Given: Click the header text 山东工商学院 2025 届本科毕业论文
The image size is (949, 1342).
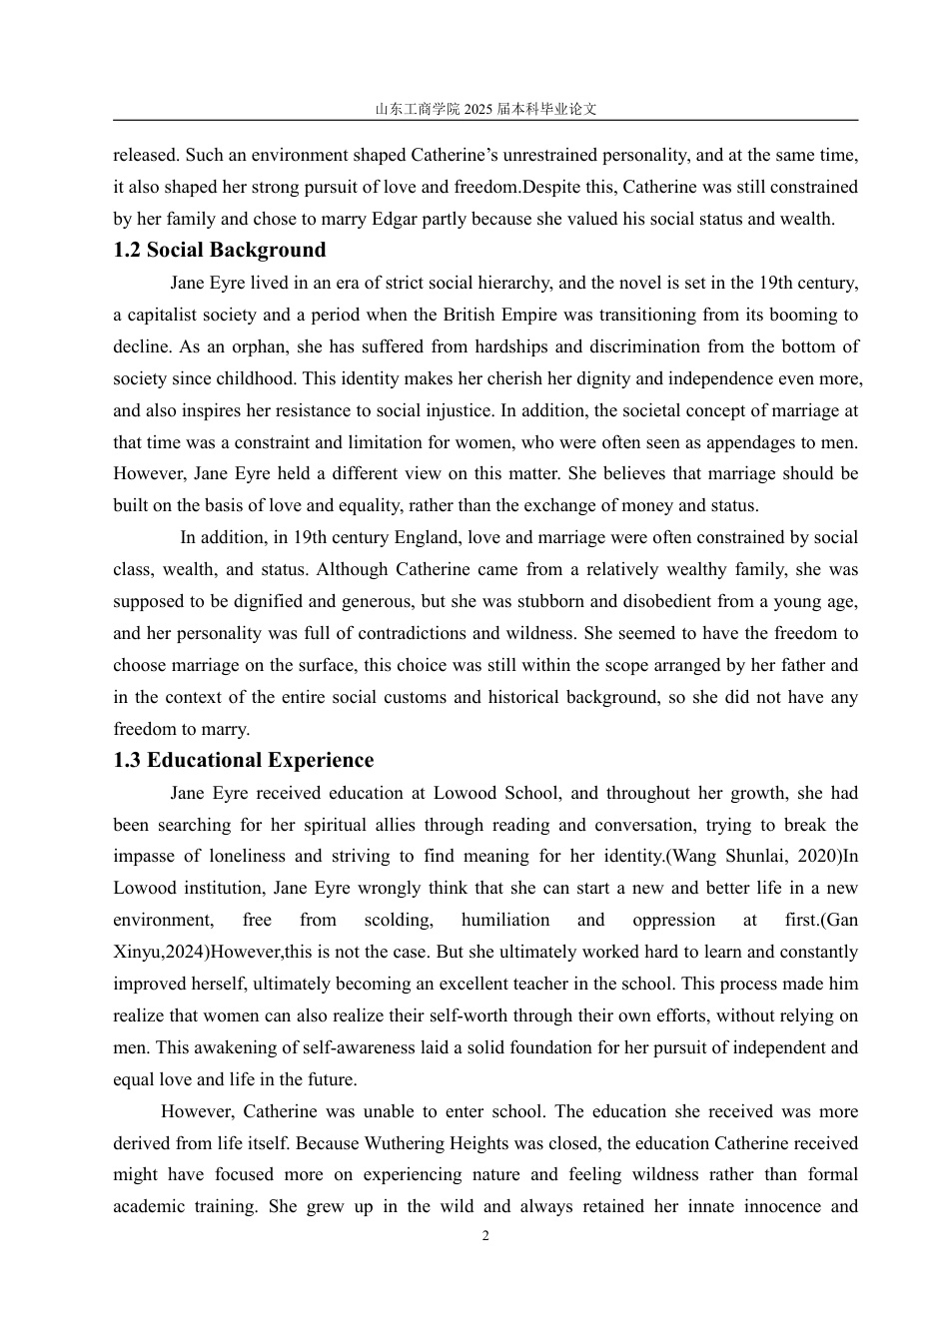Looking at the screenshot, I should click(x=485, y=109).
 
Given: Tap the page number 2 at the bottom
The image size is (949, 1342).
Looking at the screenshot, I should click(x=485, y=1236).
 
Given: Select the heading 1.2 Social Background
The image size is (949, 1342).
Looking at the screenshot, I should click(x=220, y=250).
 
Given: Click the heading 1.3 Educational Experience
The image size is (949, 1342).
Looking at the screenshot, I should click(x=244, y=760).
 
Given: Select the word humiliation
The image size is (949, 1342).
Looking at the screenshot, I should click(x=505, y=920).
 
